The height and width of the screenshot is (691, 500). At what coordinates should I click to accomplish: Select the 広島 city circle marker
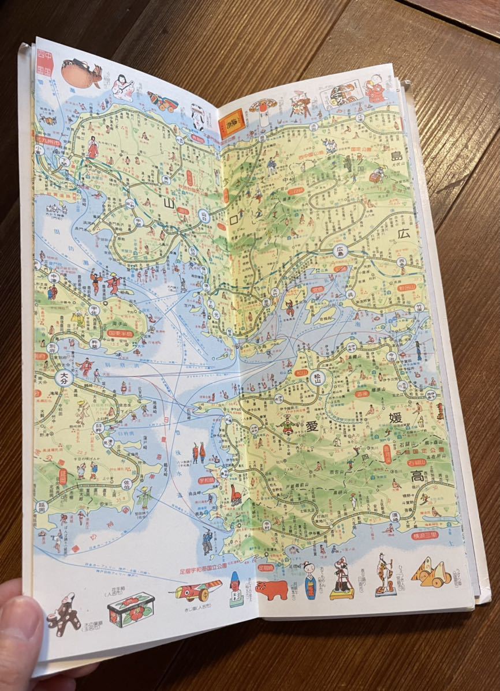tap(340, 251)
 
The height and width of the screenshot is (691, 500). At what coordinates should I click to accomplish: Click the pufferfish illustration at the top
tap(81, 74)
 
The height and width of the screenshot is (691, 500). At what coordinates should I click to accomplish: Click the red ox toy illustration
tap(272, 589)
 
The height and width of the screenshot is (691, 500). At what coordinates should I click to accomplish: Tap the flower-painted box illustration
tap(131, 609)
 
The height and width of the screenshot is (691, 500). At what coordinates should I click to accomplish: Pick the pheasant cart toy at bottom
tap(197, 591)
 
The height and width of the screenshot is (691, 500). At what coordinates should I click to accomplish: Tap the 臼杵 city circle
tap(99, 427)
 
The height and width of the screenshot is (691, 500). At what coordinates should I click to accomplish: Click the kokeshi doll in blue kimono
tap(310, 579)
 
